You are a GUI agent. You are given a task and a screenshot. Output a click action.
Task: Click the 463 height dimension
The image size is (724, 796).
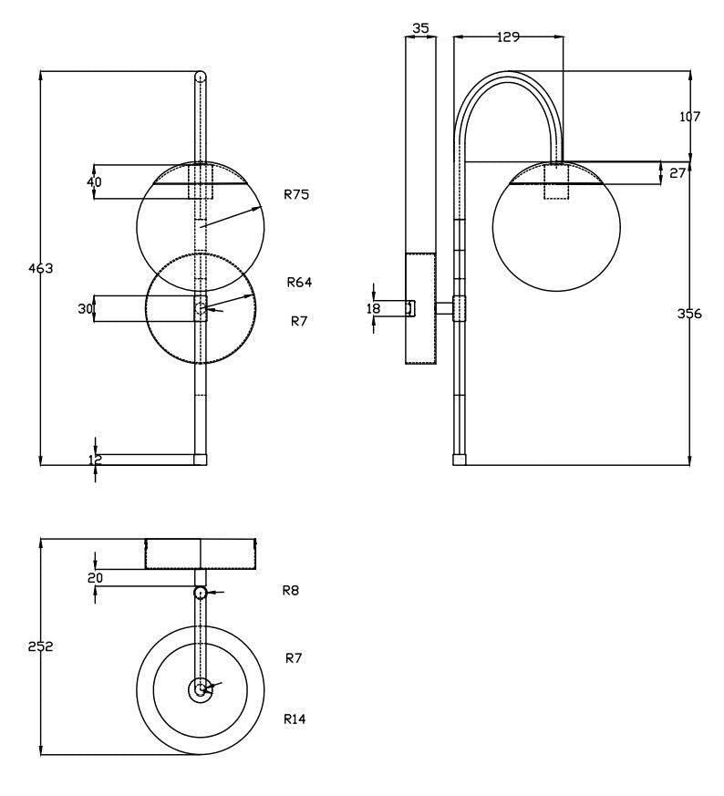42,269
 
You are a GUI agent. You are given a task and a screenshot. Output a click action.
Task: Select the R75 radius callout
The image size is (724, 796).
297,194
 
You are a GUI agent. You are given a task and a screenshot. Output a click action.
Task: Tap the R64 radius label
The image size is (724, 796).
299,283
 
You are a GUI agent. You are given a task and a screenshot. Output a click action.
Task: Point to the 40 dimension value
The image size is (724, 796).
95,181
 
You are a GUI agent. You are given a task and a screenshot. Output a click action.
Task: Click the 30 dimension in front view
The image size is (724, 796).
86,309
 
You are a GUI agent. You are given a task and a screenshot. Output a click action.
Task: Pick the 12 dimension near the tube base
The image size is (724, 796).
96,460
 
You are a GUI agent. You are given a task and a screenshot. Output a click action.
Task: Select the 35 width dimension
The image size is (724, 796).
420,28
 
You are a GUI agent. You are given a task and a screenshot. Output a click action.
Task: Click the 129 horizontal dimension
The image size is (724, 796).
508,37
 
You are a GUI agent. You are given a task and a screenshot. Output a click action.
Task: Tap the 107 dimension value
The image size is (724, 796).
690,117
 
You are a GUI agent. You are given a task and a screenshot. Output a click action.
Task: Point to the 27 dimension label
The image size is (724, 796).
677,172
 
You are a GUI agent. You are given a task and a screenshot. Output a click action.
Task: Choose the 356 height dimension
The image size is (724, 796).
690,314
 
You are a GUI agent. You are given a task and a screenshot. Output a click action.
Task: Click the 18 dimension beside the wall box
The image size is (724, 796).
373,309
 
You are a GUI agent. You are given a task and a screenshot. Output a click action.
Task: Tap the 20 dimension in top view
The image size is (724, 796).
95,577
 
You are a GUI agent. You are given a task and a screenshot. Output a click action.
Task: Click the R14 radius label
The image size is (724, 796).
294,719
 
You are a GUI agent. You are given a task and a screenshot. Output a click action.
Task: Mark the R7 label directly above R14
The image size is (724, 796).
294,658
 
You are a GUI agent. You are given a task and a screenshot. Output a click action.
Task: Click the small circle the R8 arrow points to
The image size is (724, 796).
200,593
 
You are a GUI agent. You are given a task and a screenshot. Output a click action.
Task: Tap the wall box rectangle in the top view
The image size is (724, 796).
201,553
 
